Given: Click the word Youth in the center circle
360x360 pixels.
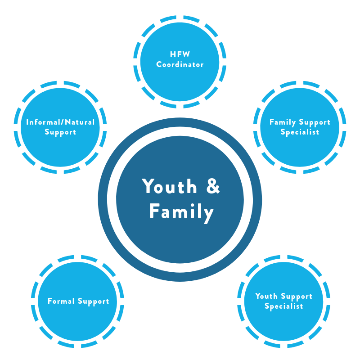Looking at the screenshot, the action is (170, 186).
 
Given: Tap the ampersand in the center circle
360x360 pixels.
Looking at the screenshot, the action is (213, 186).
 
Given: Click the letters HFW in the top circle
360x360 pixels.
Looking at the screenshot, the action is (180, 54).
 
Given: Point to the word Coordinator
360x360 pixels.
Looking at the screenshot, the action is (180, 64).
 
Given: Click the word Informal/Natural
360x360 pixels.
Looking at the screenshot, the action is (60, 122).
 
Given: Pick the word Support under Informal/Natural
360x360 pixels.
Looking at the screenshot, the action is (60, 132).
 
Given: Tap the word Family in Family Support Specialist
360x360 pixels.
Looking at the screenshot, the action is (283, 122).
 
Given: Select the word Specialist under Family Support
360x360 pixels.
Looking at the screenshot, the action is (300, 132).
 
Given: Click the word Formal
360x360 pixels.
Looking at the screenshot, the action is (61, 301).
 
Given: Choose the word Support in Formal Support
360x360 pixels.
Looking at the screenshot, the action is (94, 301).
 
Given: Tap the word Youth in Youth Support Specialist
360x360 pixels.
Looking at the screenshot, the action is (266, 296).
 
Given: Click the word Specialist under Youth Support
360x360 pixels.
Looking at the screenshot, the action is (284, 306).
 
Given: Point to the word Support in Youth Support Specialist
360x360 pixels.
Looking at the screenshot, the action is (297, 297).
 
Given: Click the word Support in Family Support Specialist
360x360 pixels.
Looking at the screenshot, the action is (315, 122).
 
